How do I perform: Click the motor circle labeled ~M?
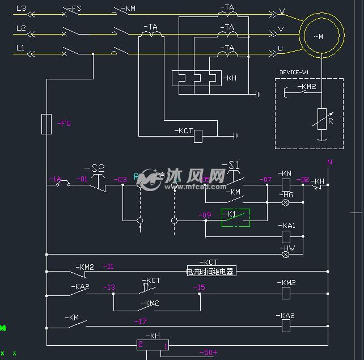pyautogui.click(x=321, y=36)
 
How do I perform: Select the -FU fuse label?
pyautogui.click(x=64, y=123)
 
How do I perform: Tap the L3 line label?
pyautogui.click(x=21, y=9)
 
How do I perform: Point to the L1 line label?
pyautogui.click(x=20, y=48)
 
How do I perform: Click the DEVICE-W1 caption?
pyautogui.click(x=295, y=73)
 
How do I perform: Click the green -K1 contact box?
pyautogui.click(x=236, y=217)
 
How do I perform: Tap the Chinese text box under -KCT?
pyautogui.click(x=210, y=271)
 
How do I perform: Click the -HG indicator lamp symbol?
pyautogui.click(x=286, y=202)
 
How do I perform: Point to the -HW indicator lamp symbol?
pyautogui.click(x=286, y=255)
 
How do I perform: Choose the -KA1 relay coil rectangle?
pyautogui.click(x=286, y=236)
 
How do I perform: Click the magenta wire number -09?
pyautogui.click(x=204, y=215)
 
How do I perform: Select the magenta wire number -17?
pyautogui.click(x=140, y=321)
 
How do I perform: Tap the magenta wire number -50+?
pyautogui.click(x=208, y=353)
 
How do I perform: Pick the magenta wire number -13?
pyautogui.click(x=109, y=287)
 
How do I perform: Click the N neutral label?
pyautogui.click(x=329, y=162)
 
